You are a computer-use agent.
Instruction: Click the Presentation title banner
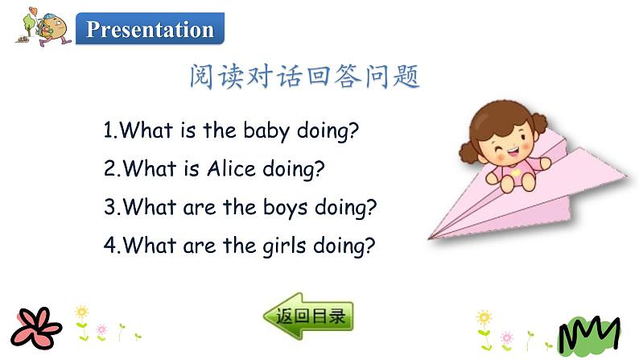(x=150, y=30)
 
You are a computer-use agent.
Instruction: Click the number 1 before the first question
(x=109, y=131)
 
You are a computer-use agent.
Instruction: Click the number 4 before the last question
(x=109, y=246)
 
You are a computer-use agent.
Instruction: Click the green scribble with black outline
(x=590, y=333)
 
